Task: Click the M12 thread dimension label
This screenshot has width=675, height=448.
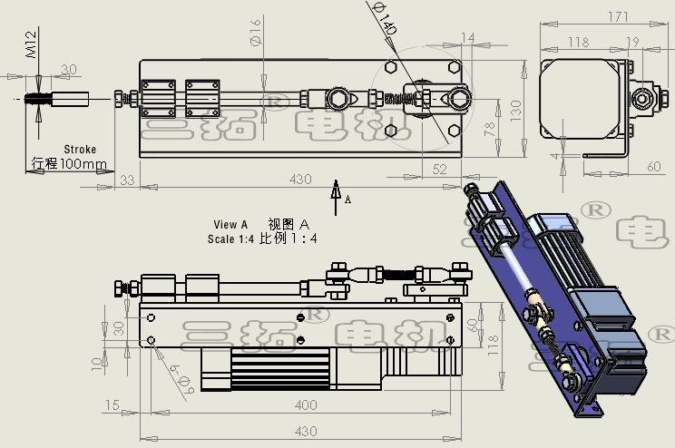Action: coord(31,44)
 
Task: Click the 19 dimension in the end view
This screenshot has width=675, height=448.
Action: coord(632,42)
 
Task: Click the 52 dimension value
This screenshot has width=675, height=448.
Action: coord(440,168)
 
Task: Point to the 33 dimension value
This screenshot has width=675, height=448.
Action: coord(126,180)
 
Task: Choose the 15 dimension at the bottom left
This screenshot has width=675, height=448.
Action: coord(112,404)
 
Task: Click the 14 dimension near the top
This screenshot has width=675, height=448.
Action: coord(467,37)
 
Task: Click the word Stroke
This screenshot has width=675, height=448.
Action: coord(80,150)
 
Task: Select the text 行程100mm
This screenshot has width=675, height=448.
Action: coord(69,165)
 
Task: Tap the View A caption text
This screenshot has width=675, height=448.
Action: coord(230,224)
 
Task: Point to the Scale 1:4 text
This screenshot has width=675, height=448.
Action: coord(231,239)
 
